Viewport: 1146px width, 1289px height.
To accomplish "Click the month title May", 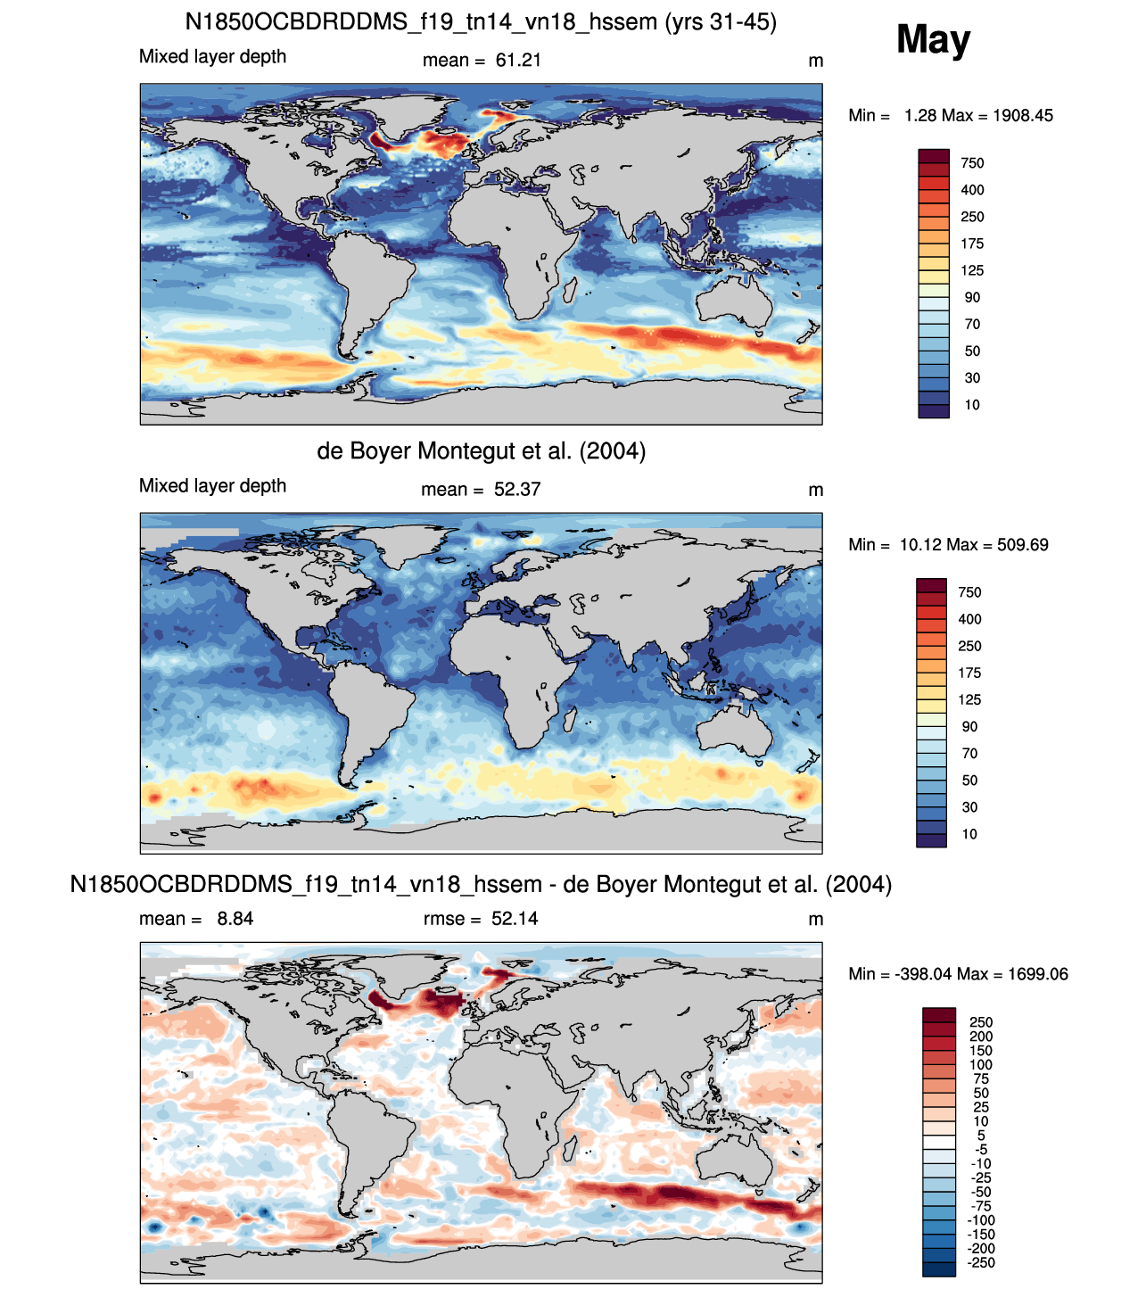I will [x=933, y=39].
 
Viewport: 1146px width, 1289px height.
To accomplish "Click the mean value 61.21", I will [x=518, y=61].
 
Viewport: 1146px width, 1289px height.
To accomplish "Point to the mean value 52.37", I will [x=517, y=490].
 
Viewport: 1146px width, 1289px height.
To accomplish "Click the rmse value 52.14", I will [x=515, y=919].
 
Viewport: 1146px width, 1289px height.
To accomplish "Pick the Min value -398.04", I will [x=923, y=974].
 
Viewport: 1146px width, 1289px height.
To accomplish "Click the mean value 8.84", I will [x=235, y=919].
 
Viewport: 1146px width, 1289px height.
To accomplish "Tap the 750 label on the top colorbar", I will [x=972, y=163].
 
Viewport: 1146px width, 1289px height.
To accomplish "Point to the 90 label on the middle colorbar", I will [x=969, y=727].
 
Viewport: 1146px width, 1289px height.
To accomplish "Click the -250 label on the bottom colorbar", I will [x=981, y=1262].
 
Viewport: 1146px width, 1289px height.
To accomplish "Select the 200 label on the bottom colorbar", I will [x=981, y=1037].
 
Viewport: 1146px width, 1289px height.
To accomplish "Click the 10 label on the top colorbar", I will [x=972, y=405].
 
